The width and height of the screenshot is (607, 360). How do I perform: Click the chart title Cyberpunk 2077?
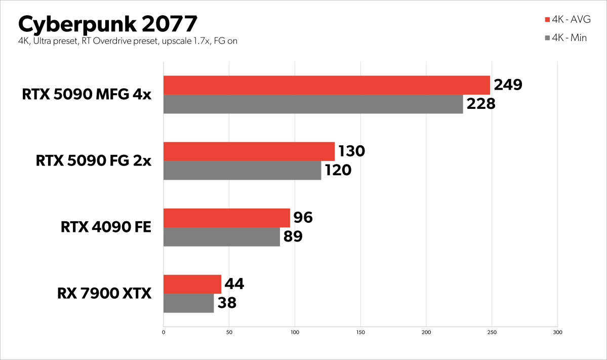click(107, 24)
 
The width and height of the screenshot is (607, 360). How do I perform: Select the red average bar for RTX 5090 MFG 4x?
click(327, 85)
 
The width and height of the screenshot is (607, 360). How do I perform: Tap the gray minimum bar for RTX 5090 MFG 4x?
click(313, 104)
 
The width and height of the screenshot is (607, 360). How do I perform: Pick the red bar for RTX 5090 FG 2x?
click(249, 151)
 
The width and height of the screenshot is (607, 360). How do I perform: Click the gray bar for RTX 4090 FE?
click(221, 236)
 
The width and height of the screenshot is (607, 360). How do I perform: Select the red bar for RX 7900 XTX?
click(192, 284)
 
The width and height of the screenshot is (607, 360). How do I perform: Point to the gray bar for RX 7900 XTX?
click(188, 303)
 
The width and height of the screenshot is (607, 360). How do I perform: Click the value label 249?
click(507, 85)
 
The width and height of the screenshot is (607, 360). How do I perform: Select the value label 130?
click(351, 151)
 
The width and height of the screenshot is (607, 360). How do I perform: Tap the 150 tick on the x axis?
click(360, 332)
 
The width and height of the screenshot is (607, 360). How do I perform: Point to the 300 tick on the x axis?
click(557, 332)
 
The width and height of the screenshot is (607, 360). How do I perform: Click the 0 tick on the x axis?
click(164, 332)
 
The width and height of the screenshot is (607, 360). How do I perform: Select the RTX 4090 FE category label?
click(106, 227)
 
